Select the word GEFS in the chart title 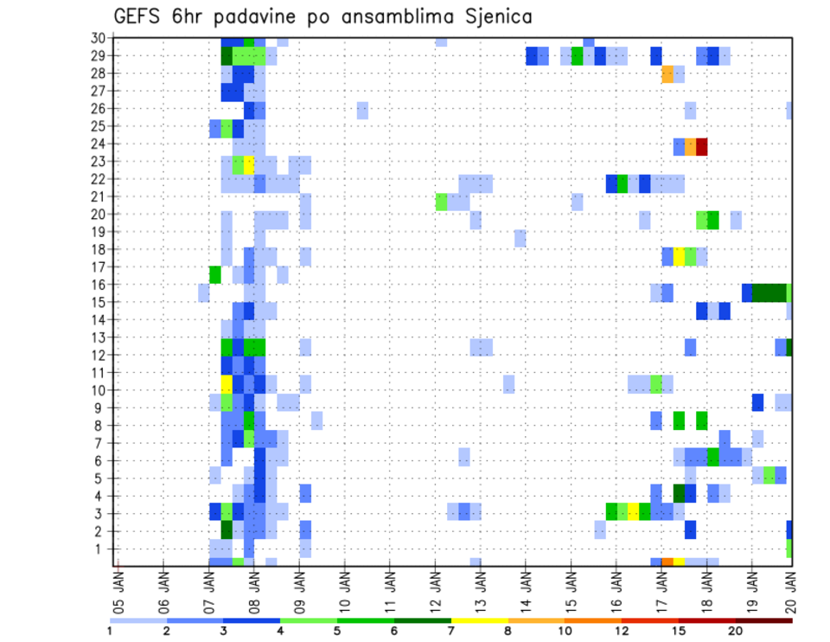tap(140, 16)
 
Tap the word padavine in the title tap(258, 17)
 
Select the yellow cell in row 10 tap(227, 383)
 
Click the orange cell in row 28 tap(667, 74)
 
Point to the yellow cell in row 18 tap(679, 256)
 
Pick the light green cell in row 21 tap(442, 202)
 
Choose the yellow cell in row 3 tap(634, 510)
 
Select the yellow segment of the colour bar tap(479, 620)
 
